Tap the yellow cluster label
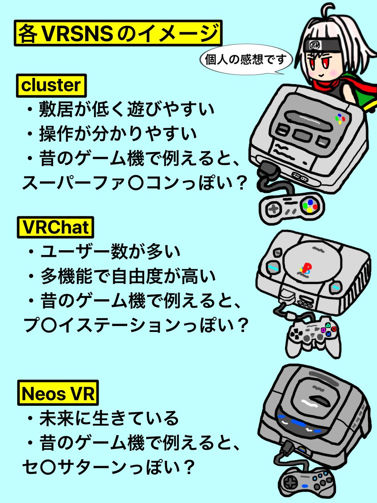click(x=51, y=86)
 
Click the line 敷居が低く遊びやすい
click(x=120, y=110)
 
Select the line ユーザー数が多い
click(x=105, y=252)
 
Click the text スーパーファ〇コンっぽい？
click(x=132, y=182)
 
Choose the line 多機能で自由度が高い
click(x=121, y=276)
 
